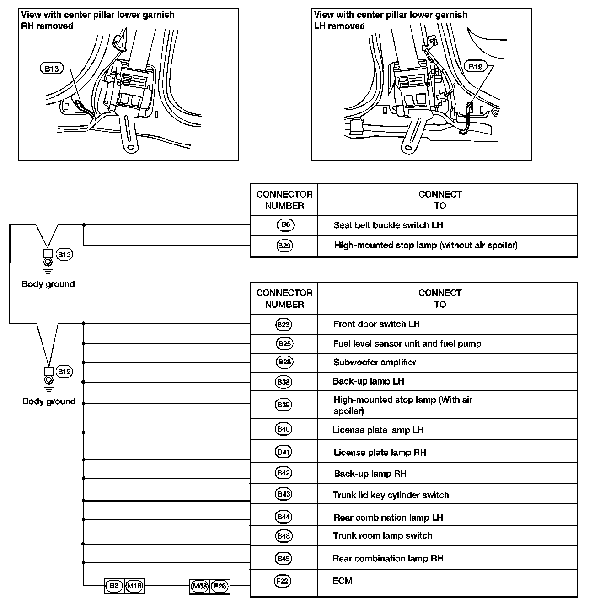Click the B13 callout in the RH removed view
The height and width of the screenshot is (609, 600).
[x=52, y=69]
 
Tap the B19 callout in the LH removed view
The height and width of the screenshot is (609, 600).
[x=475, y=67]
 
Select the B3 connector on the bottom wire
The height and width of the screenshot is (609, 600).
[x=114, y=586]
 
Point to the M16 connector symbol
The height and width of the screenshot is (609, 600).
[x=134, y=586]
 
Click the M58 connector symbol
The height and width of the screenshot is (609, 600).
[x=200, y=586]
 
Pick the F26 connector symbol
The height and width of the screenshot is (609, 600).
[x=220, y=586]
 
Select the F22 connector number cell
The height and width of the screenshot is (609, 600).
[x=284, y=581]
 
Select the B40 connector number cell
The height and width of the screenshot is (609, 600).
[x=284, y=429]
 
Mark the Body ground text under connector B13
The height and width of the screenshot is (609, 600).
[x=48, y=284]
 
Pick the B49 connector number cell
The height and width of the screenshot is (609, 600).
[x=284, y=558]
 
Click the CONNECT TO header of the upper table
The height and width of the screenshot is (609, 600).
[x=439, y=200]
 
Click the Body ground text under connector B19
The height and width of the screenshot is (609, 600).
[x=49, y=401]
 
